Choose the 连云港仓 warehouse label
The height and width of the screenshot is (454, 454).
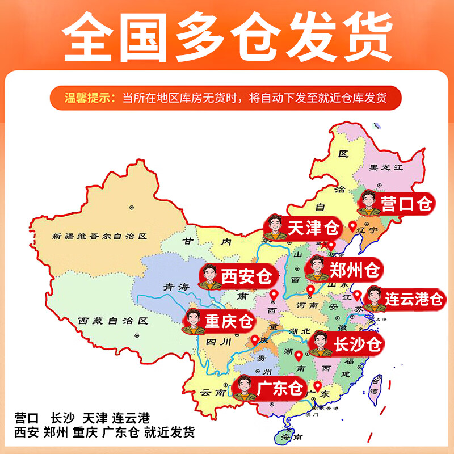(413, 298)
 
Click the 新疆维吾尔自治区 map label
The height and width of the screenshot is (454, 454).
(99, 236)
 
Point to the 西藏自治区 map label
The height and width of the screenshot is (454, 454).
(113, 321)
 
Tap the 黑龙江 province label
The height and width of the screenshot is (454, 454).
(385, 167)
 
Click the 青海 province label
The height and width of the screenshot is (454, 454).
(175, 287)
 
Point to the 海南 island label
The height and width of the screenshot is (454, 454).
(289, 436)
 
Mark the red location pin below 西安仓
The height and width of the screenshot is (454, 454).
(274, 295)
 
